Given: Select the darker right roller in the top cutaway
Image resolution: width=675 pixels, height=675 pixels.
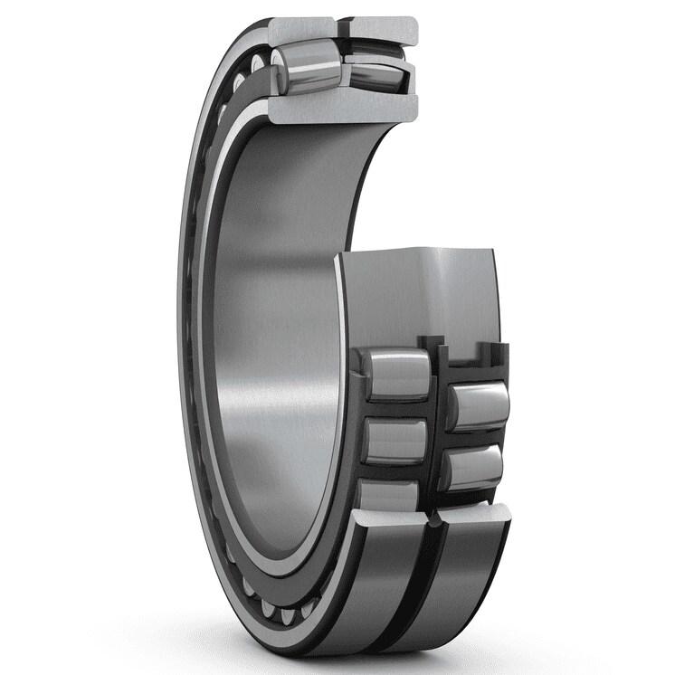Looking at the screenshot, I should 371,69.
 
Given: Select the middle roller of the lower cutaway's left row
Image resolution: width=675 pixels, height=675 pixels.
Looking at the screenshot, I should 395,441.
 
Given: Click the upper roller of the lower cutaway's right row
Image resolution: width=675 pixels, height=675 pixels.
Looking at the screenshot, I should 476,399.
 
